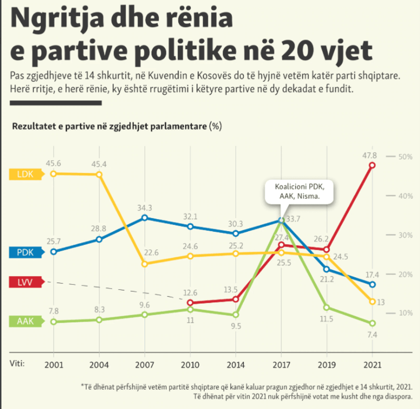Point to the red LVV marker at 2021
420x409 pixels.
(x=372, y=165)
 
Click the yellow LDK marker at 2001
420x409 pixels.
(x=53, y=173)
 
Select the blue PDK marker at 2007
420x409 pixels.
(x=145, y=218)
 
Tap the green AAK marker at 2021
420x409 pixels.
(x=372, y=323)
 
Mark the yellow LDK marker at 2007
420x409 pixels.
(x=145, y=264)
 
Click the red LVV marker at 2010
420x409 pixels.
(x=190, y=303)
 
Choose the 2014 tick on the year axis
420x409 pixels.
(x=235, y=365)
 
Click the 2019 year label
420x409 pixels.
(x=327, y=365)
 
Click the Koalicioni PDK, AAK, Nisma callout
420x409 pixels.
(x=298, y=192)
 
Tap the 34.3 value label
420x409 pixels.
(x=145, y=208)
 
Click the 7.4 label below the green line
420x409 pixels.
(x=372, y=335)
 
